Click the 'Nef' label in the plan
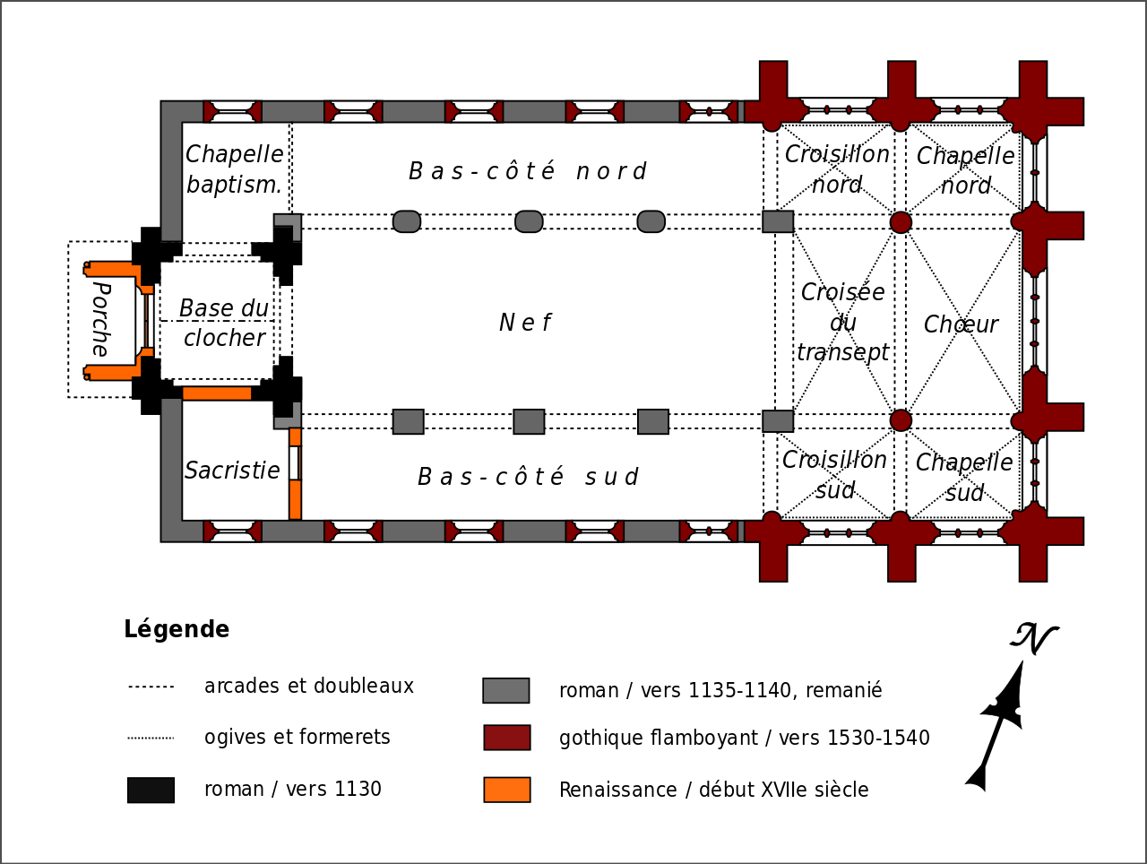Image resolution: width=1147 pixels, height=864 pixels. pos(525,323)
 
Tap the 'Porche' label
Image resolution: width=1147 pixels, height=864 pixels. pos(100,319)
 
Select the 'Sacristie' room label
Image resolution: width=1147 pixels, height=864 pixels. pos(232,471)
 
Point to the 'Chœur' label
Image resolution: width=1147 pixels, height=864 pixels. pos(961,324)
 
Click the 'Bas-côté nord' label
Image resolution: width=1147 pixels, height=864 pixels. pos(527,171)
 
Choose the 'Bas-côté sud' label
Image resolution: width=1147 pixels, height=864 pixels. pos(528,477)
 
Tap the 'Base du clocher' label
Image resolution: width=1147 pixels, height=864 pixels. pos(224,323)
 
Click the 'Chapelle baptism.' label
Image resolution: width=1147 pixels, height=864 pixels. pos(234,169)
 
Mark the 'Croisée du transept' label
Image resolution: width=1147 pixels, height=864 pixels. pos(842,323)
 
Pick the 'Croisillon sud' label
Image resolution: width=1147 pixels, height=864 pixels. pos(834,475)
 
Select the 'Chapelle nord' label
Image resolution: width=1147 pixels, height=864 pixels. pos(965,170)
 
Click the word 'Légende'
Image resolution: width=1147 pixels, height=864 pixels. pos(177,629)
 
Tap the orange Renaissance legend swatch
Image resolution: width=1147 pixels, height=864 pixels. pos(507,790)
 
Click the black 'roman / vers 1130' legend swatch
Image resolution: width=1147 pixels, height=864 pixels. pos(151,790)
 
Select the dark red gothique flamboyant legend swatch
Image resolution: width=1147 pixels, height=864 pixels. pos(507,738)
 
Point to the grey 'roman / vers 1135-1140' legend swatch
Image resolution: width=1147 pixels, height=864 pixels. pos(506,690)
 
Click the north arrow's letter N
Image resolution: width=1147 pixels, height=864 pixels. pos(1034,638)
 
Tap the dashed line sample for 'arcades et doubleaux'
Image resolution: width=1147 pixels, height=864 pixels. pos(151,687)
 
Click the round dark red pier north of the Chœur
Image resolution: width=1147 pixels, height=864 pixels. pos(901,222)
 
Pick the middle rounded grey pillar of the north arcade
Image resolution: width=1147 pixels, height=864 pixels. pos(529,221)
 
